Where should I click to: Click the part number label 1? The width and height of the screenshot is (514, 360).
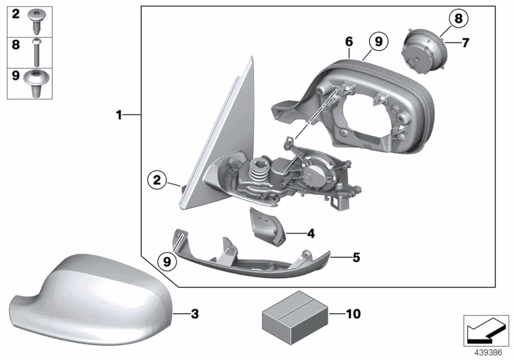119,115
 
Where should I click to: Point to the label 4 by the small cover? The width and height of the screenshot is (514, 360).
310,232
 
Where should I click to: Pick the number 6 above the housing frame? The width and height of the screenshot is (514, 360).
349,41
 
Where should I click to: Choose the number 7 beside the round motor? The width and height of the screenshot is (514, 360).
466,43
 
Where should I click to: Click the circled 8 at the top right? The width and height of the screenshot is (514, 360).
458,19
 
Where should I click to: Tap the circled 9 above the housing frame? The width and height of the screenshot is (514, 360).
378,42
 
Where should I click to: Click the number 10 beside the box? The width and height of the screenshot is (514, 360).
353,314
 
